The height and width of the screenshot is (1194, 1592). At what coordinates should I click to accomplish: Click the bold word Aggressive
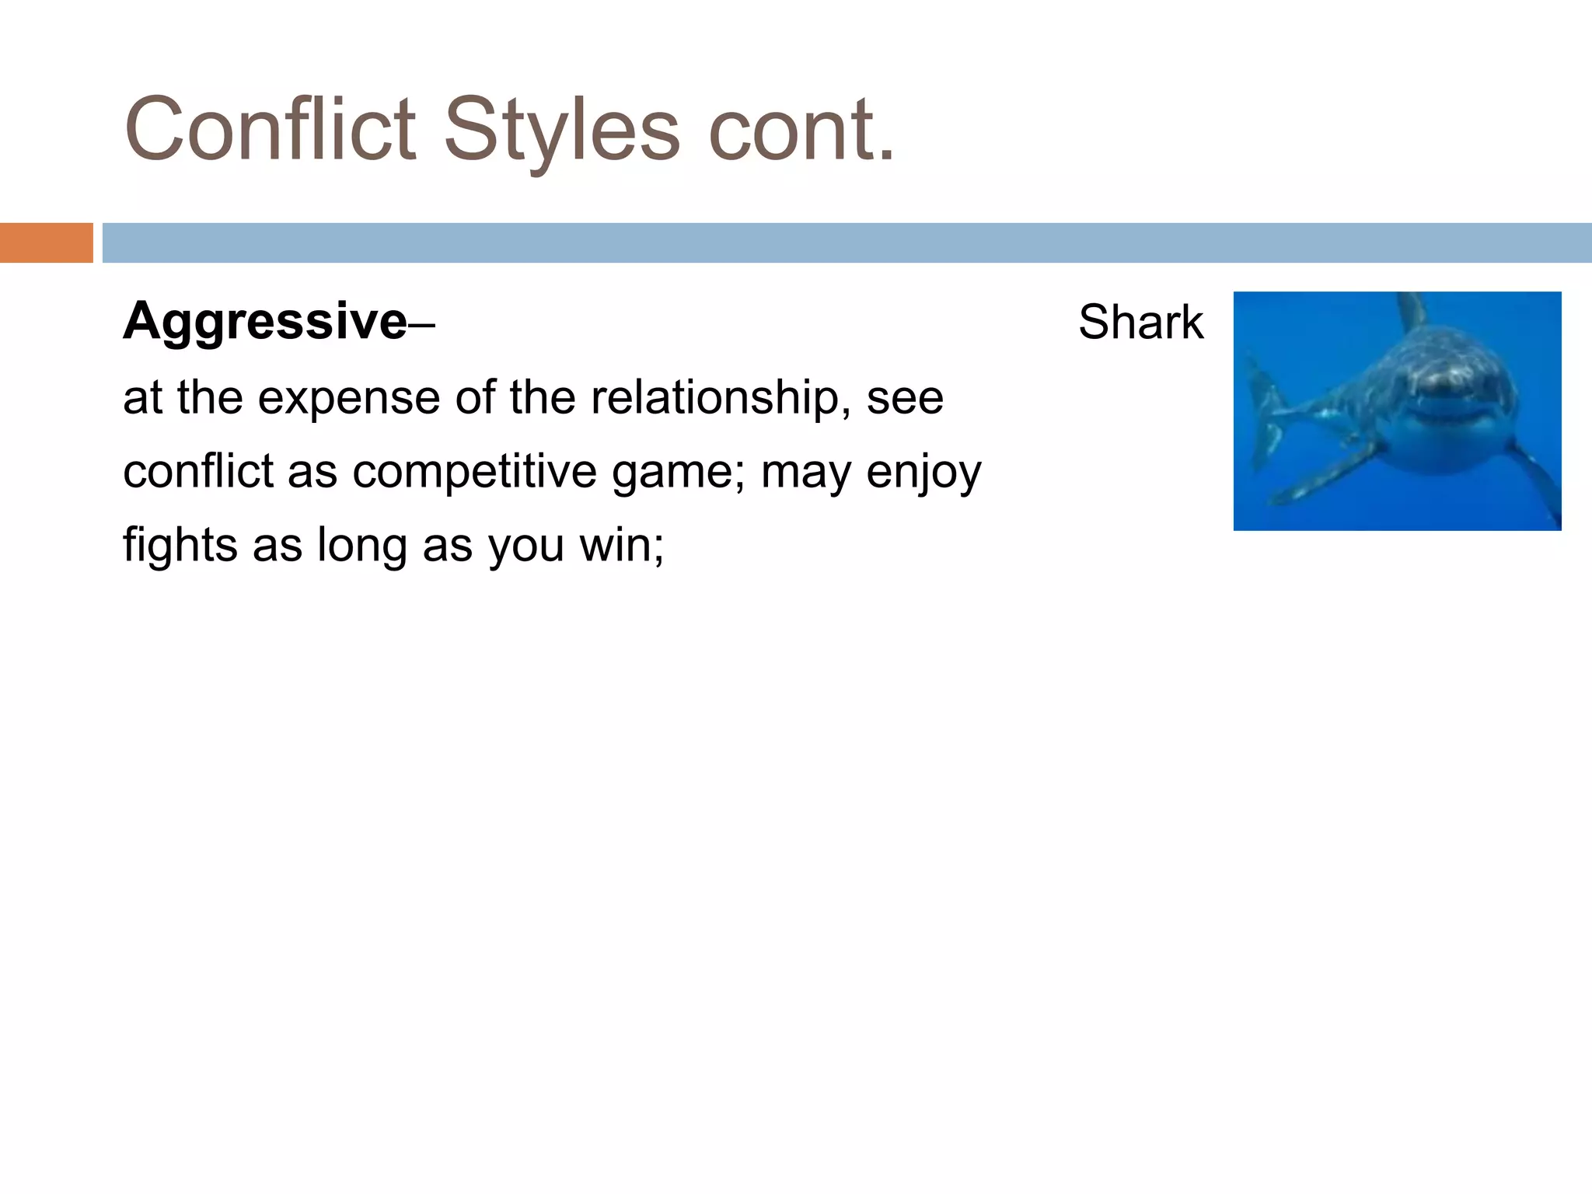coord(264,321)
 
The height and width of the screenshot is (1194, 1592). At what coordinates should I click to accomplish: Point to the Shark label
coord(1140,322)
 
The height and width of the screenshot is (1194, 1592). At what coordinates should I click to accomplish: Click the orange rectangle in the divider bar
coord(46,243)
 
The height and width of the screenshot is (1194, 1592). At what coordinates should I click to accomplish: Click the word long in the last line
coord(361,546)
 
